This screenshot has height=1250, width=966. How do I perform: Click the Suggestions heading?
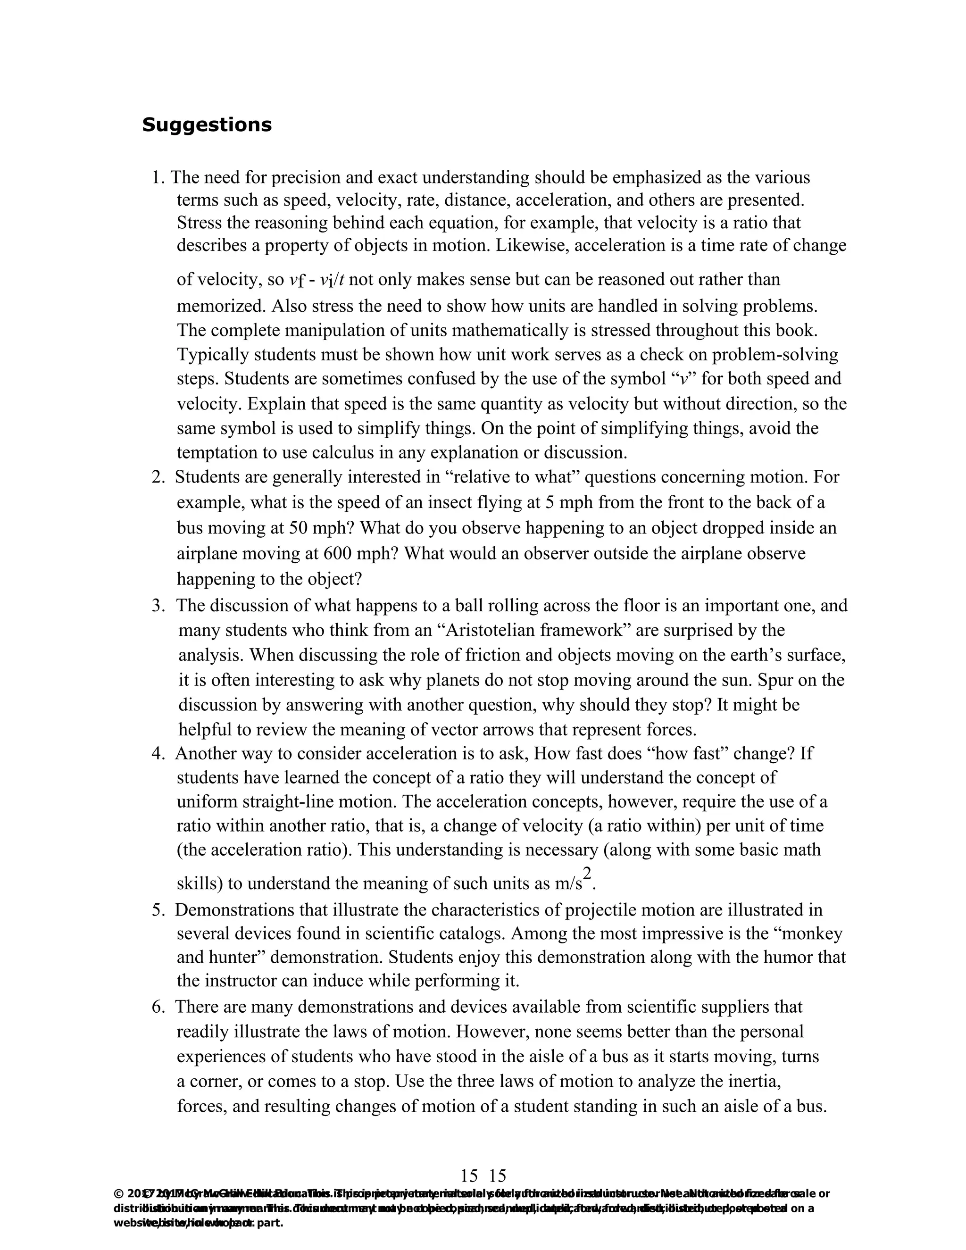207,125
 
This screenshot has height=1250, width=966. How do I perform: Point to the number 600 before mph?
338,553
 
